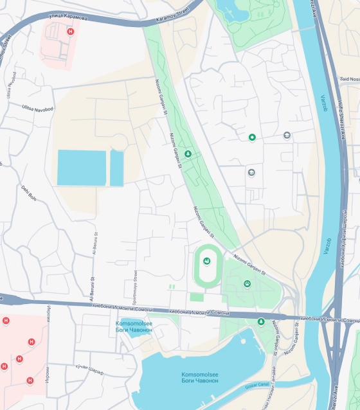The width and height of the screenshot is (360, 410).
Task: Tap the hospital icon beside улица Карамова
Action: (70, 30)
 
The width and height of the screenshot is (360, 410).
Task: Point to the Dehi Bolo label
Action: (29, 193)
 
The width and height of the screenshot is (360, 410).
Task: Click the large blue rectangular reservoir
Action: (82, 167)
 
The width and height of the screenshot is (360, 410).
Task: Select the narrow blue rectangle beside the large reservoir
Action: (116, 168)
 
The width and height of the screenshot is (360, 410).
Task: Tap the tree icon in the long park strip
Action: (188, 154)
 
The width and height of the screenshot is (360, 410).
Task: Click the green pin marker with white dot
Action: (252, 137)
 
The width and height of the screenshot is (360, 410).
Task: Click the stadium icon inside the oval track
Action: (206, 261)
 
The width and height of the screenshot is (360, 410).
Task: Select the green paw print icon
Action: (247, 283)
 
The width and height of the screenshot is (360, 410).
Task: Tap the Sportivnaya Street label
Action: (136, 286)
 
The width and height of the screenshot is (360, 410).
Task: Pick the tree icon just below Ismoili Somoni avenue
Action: (260, 321)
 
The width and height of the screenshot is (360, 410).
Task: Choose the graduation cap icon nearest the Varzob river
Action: (287, 135)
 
